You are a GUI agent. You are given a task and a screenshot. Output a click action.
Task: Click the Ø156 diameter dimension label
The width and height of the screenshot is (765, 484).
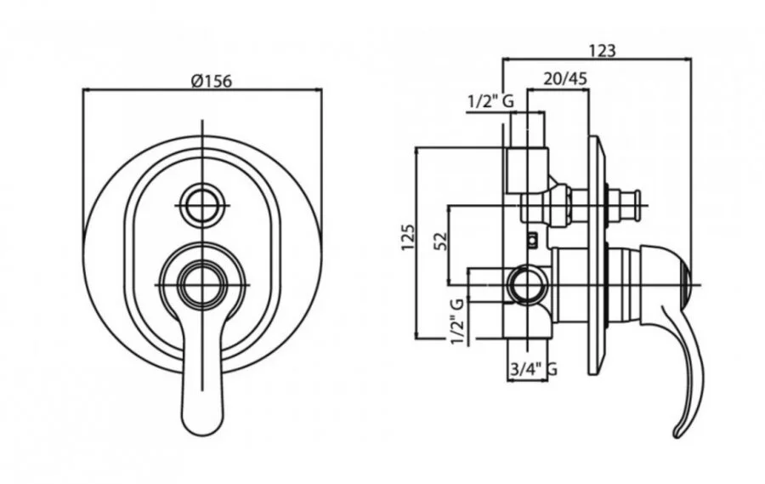tap(212, 81)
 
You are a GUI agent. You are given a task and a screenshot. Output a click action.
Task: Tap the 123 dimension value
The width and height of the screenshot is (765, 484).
tap(603, 50)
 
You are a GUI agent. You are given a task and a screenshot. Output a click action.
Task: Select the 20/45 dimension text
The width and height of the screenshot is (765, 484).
tap(565, 79)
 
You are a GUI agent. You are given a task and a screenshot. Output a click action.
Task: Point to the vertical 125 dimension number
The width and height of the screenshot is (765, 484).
tap(409, 237)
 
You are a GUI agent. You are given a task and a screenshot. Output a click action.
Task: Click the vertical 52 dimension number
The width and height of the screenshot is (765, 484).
tap(441, 242)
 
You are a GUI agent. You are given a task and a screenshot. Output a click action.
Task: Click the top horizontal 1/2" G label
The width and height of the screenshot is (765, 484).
tap(490, 101)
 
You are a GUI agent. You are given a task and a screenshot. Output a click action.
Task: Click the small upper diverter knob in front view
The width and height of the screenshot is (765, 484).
tap(202, 205)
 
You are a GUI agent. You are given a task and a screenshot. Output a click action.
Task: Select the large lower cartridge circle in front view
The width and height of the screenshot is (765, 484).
tap(202, 284)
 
